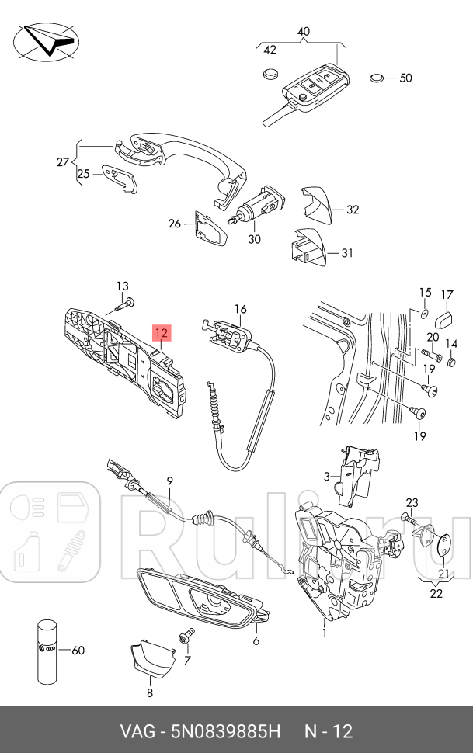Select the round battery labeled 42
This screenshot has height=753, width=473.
270,74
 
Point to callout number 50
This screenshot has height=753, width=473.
405,78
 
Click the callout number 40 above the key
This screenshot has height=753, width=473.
303,32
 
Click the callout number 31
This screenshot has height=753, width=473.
346,252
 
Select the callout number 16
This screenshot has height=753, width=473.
240,309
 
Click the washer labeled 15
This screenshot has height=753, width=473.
423,312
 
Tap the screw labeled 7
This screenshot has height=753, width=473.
183,637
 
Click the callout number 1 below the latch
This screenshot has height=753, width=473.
324,633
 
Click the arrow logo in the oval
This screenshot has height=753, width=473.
46,40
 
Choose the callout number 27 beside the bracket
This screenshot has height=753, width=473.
63,161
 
